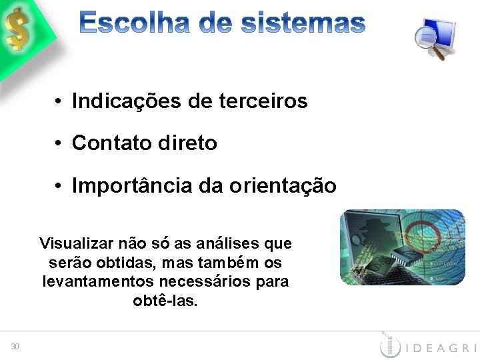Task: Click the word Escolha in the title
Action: point(133,24)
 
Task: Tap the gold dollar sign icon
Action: point(18,29)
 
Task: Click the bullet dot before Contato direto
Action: point(59,143)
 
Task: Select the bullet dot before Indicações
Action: point(59,102)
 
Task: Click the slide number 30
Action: point(15,345)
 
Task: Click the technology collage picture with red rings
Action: point(402,247)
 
